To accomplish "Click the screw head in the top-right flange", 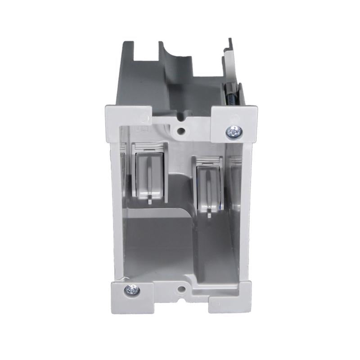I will [x=234, y=131].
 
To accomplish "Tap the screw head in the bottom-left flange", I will [x=132, y=290].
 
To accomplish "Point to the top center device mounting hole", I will [x=181, y=131].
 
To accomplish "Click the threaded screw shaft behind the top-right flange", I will [x=230, y=96].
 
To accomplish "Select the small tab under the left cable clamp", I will [x=149, y=201].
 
